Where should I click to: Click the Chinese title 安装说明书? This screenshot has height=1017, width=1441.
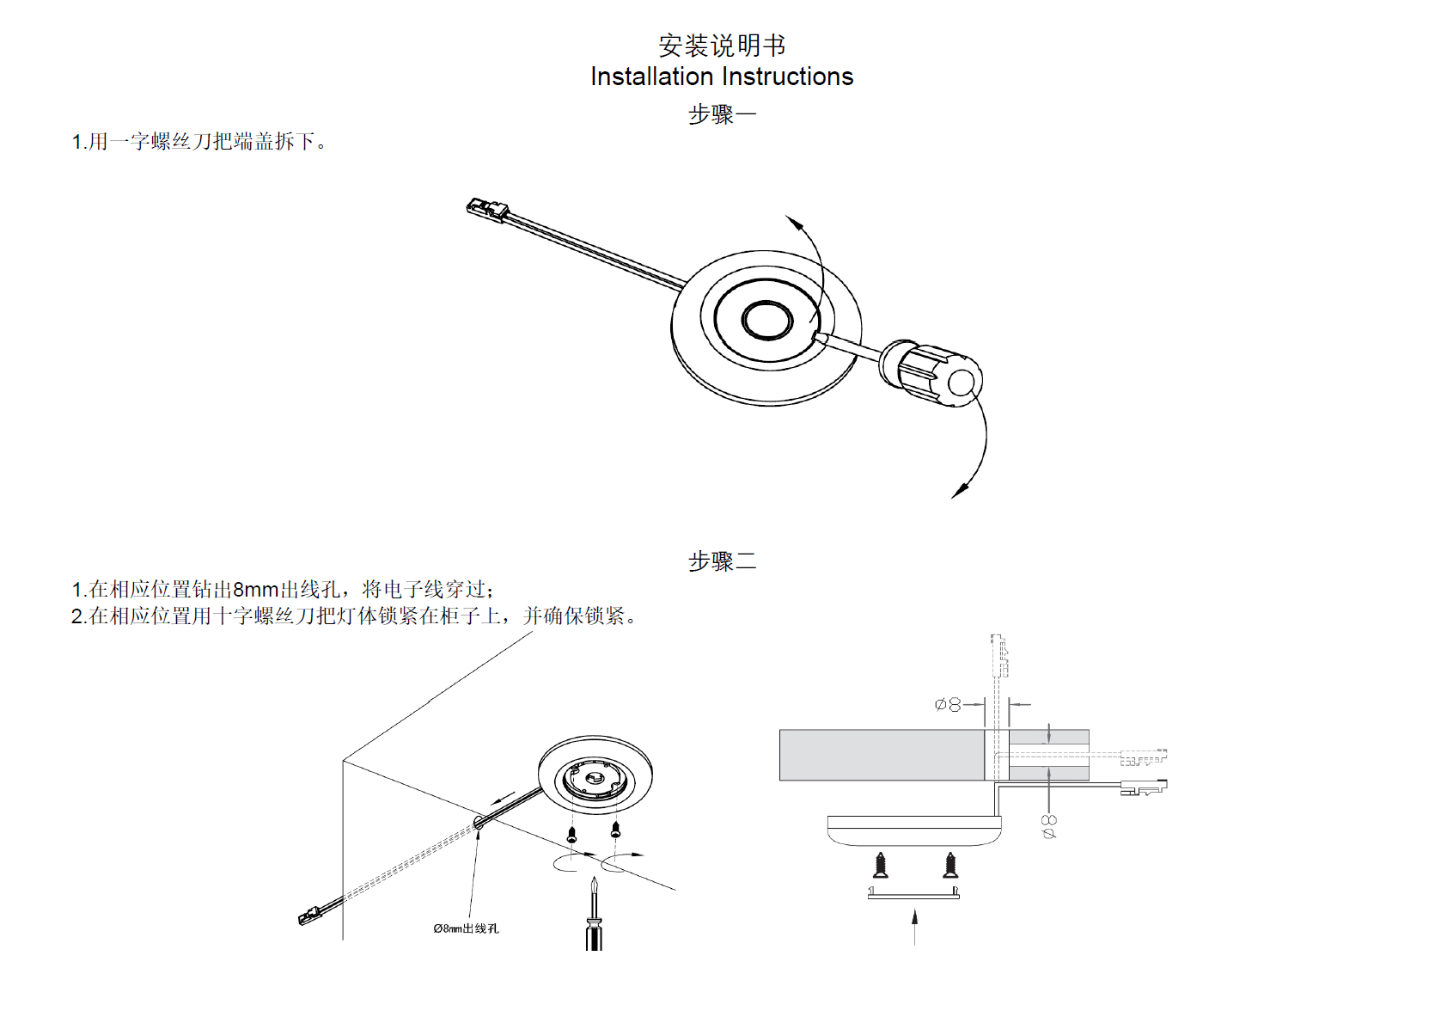[721, 45]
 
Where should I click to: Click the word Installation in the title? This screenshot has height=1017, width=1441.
[651, 77]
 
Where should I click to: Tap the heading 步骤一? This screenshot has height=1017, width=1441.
[722, 114]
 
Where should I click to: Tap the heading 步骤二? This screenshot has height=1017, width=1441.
[722, 561]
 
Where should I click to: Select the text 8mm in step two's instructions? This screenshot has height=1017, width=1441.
[255, 590]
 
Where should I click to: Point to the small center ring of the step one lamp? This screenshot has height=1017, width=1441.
[766, 320]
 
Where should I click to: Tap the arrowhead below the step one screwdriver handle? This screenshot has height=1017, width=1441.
[961, 490]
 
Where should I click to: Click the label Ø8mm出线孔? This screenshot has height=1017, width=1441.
[466, 928]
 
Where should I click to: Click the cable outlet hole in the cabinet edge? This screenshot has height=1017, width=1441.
[479, 823]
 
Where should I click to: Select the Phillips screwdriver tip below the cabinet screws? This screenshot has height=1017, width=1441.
[594, 885]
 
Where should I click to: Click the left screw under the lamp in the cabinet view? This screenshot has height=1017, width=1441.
[571, 833]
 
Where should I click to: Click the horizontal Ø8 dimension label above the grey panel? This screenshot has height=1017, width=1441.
[948, 705]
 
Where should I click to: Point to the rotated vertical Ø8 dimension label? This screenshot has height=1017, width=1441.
[1049, 827]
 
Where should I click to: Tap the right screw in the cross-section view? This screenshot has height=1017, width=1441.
[950, 865]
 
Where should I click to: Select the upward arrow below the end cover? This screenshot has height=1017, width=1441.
[914, 924]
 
